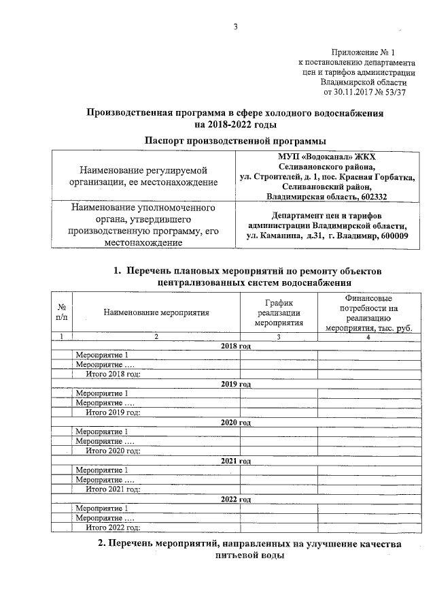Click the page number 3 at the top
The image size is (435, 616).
pyautogui.click(x=235, y=27)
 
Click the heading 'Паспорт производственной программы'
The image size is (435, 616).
pyautogui.click(x=235, y=140)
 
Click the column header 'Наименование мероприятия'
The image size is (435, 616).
pyautogui.click(x=156, y=312)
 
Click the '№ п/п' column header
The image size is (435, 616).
pyautogui.click(x=62, y=312)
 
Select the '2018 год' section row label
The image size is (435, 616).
pyautogui.click(x=236, y=346)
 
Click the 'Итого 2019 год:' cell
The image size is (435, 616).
pyautogui.click(x=113, y=412)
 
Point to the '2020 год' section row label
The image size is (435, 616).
pyautogui.click(x=236, y=422)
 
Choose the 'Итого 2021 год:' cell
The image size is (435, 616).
pyautogui.click(x=113, y=489)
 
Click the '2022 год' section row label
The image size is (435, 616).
pyautogui.click(x=236, y=499)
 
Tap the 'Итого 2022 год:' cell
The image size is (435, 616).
pyautogui.click(x=113, y=528)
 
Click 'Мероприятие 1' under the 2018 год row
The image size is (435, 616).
pyautogui.click(x=102, y=355)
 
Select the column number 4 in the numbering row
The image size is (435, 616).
pyautogui.click(x=368, y=337)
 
